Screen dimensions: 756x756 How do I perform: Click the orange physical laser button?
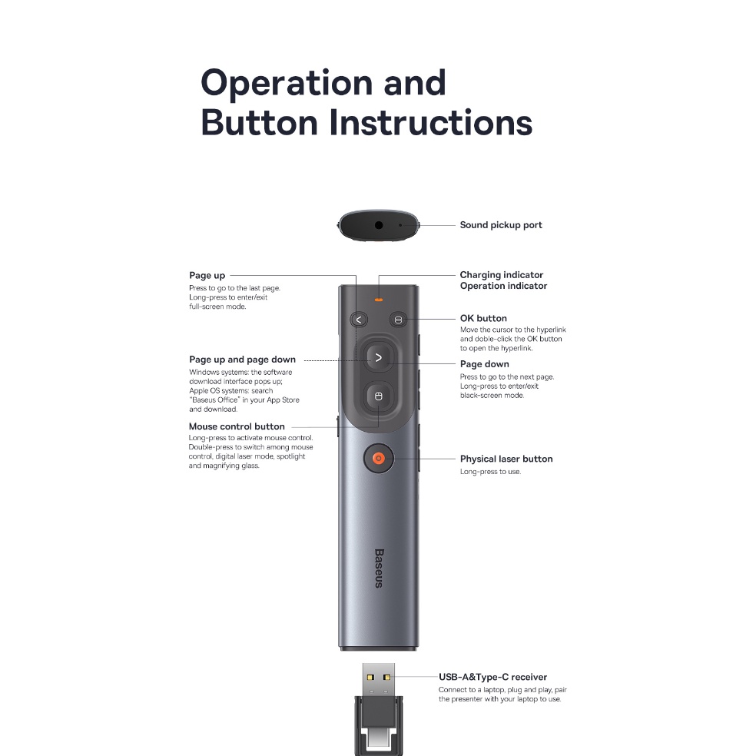379,458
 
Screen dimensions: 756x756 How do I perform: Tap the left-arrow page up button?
359,320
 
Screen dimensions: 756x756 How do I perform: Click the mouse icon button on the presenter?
379,396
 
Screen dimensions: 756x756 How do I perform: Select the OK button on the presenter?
398,320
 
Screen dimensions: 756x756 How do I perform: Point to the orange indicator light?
379,300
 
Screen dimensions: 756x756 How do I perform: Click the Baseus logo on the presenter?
379,568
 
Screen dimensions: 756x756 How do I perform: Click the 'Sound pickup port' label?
501,225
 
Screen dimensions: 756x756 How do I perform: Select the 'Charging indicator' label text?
502,275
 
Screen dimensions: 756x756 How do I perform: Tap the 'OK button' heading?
483,318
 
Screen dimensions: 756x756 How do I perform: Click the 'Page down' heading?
485,364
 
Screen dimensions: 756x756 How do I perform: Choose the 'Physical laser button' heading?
506,459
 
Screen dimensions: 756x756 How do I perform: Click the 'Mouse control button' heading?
237,426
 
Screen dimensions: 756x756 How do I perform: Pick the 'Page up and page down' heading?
243,360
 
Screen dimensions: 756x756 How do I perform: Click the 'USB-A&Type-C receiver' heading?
492,677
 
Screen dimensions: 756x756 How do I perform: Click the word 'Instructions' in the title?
431,122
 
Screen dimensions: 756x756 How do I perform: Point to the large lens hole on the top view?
379,225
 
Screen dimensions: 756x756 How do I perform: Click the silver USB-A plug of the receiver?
379,679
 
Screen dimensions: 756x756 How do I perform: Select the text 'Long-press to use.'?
490,472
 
